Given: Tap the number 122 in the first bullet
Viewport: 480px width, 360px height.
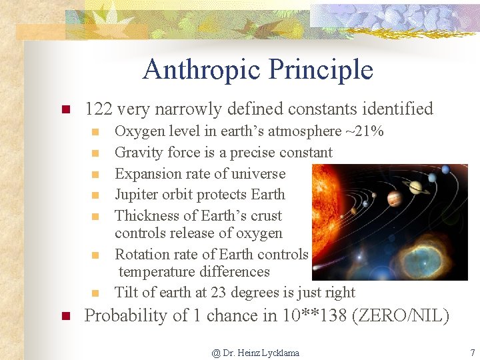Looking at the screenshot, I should pos(99,109).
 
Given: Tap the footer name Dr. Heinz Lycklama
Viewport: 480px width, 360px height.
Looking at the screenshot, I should pos(260,353).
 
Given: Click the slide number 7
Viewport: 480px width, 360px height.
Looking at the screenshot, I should pos(471,352).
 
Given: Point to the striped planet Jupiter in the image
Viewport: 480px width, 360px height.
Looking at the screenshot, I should pos(394,199).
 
